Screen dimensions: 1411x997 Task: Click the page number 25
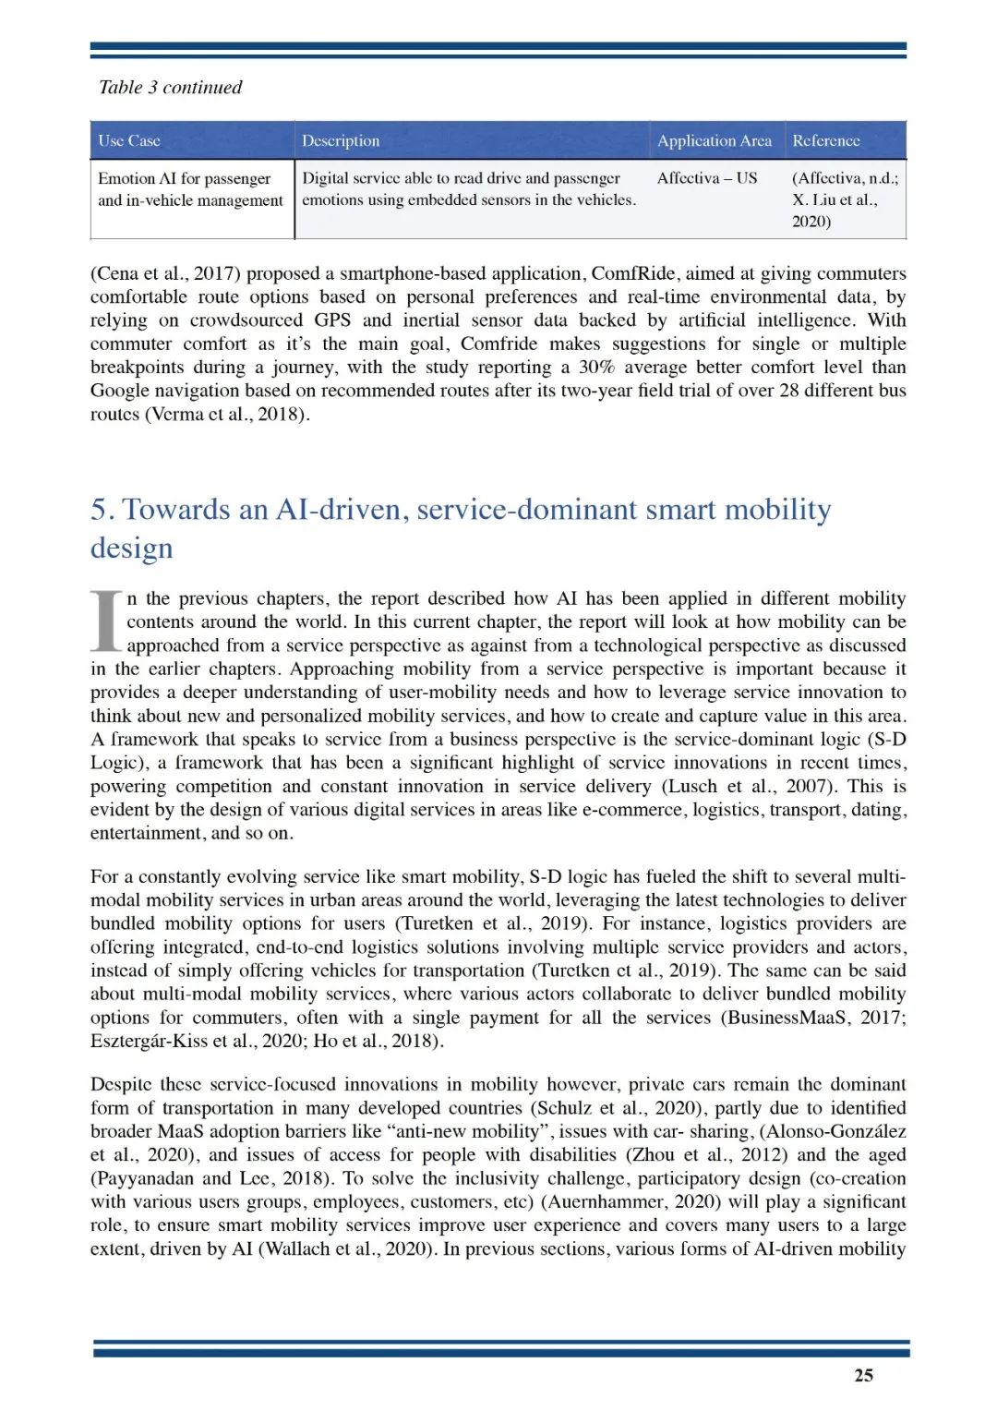863,1375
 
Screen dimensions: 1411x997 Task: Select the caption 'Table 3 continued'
170,88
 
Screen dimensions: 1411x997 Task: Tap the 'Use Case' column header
129,141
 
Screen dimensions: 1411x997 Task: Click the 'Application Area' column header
714,141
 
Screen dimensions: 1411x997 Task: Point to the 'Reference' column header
826,141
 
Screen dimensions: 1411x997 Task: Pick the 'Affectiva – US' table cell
706,178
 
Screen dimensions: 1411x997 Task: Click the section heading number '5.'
102,510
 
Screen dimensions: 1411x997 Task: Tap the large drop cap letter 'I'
106,621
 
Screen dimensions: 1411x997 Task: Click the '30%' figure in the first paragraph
596,368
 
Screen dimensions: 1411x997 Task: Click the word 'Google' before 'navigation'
119,391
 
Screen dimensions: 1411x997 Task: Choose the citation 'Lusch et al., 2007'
749,787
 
